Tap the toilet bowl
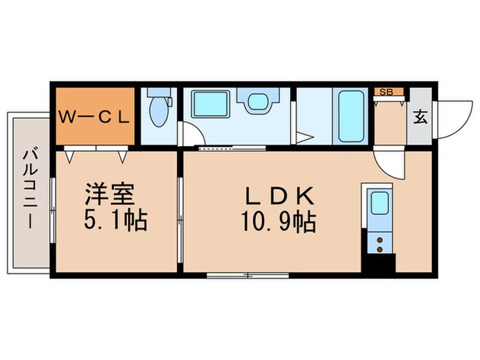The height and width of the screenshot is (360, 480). click(158, 112)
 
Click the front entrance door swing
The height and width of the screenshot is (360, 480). click(449, 117)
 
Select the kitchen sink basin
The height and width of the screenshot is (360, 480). click(379, 204)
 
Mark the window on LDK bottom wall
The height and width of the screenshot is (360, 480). click(247, 276)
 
